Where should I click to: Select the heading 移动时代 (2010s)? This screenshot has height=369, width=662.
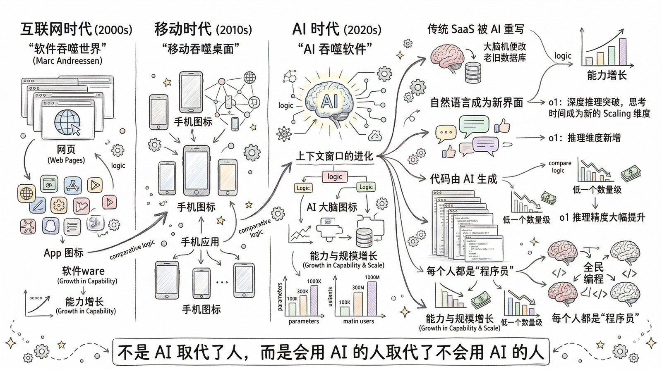[203, 29]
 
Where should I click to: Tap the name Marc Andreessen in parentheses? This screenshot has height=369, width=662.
[67, 61]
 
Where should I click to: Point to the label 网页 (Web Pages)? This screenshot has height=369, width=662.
[66, 154]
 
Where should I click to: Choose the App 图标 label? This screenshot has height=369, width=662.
[64, 252]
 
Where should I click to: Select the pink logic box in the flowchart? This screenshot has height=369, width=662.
[334, 176]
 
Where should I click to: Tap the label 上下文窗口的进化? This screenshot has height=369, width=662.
[334, 156]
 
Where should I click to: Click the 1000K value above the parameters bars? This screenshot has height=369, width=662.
[314, 281]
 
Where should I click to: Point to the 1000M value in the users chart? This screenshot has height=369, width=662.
[372, 277]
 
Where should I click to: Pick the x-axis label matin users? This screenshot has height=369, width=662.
[358, 321]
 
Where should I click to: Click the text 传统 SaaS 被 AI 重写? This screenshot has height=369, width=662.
[476, 29]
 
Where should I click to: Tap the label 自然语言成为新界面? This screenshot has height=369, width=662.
[477, 102]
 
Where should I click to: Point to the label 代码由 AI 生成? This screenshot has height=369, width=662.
[463, 179]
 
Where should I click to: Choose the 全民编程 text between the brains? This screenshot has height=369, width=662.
[593, 273]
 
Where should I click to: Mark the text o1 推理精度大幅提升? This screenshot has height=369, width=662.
[602, 217]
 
